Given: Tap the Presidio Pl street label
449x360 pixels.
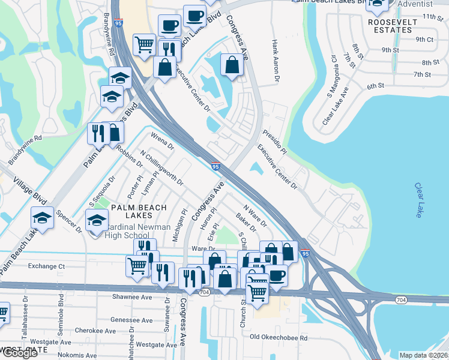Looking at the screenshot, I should (274, 139).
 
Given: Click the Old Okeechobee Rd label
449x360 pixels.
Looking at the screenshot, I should (279, 338).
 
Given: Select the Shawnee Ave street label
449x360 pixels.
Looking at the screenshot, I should (132, 297).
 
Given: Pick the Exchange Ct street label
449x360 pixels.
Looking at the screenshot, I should (46, 266).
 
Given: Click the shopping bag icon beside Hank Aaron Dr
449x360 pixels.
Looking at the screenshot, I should (232, 64).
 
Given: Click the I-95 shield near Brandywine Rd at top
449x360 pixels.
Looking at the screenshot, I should (118, 23).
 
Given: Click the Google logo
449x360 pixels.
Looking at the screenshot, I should (19, 353).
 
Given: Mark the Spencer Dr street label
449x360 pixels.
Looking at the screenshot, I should (68, 221).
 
